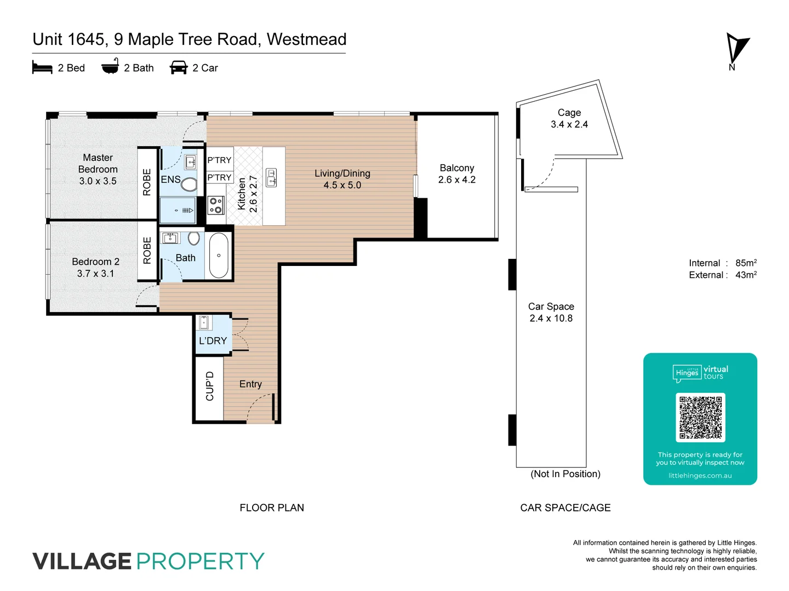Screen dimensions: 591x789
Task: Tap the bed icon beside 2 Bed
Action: [42, 68]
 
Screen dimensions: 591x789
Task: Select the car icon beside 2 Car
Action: [179, 68]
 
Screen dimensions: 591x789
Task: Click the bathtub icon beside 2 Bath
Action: [110, 66]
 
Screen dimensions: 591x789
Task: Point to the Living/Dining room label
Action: [342, 179]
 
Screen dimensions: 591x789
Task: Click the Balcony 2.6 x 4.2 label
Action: [456, 173]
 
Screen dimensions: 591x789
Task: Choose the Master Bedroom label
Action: [98, 169]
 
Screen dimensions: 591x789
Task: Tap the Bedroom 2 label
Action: [95, 267]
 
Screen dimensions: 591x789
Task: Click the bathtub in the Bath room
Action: [219, 256]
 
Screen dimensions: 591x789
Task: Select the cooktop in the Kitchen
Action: [216, 205]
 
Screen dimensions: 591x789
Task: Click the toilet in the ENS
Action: [189, 184]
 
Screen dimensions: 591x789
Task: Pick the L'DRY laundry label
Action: [213, 340]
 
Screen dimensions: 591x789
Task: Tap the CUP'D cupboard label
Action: [209, 386]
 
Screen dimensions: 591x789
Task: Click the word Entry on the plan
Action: [250, 384]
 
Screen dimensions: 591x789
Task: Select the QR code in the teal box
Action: [700, 418]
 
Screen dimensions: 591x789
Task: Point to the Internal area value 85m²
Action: [746, 263]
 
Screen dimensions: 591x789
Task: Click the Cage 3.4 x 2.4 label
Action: [569, 118]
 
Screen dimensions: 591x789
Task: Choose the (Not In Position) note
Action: [565, 474]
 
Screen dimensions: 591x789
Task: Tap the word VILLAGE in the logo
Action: [82, 561]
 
